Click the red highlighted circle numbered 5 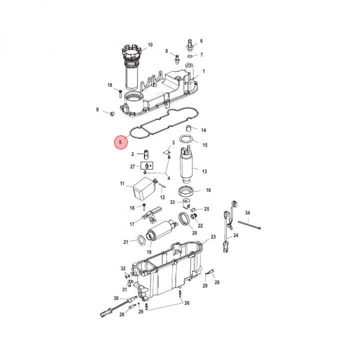121,142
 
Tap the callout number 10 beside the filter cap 150,45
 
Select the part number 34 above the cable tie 247,213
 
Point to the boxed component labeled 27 147,165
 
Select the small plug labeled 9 112,113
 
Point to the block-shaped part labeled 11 144,188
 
